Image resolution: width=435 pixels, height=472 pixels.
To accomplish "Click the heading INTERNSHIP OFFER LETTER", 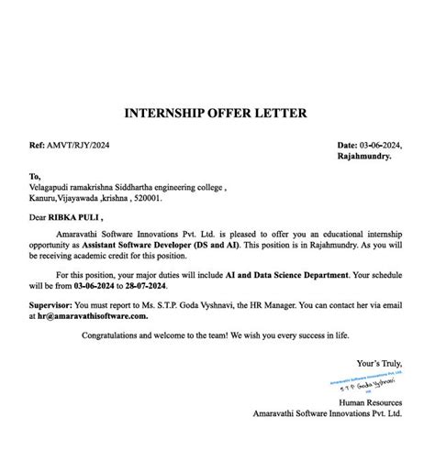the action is (x=216, y=114).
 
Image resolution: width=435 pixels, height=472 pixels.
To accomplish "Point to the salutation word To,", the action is (x=35, y=176).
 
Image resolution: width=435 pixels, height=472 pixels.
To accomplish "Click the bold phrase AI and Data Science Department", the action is (x=281, y=275).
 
